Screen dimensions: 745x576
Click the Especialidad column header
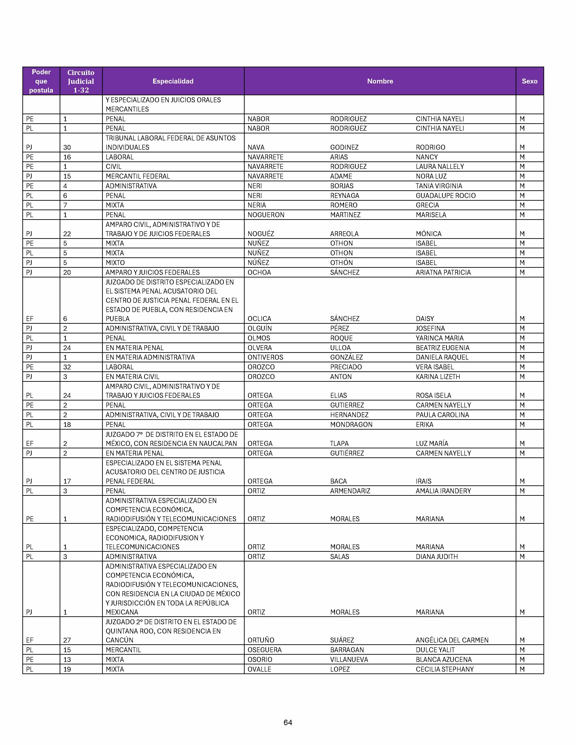click(173, 81)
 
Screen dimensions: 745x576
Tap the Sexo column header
click(529, 81)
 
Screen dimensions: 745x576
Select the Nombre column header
click(380, 81)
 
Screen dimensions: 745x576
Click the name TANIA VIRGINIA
click(439, 186)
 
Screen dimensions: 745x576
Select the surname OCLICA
click(259, 319)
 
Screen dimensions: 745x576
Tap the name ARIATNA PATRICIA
click(443, 272)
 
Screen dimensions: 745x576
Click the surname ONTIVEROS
click(265, 357)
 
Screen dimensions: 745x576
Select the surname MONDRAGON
click(351, 425)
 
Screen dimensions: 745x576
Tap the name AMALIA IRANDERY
click(443, 491)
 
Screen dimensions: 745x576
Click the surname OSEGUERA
click(265, 650)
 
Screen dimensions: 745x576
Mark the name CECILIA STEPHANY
click(445, 669)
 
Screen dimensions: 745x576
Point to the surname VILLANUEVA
click(349, 660)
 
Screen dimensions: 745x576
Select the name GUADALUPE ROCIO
click(445, 196)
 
